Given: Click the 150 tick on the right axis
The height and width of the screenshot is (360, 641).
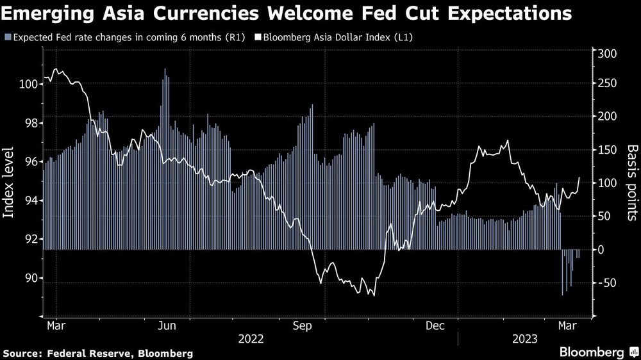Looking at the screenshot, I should [x=606, y=150].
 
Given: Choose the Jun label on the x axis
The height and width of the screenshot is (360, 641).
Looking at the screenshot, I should [x=167, y=325].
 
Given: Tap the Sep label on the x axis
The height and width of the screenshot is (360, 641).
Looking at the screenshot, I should [x=301, y=325].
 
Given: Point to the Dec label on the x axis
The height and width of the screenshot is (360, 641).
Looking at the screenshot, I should [x=435, y=325].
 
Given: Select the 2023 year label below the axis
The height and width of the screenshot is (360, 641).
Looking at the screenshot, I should [x=524, y=338].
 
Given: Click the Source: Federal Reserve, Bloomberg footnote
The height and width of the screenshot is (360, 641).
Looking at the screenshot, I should [x=97, y=353].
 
